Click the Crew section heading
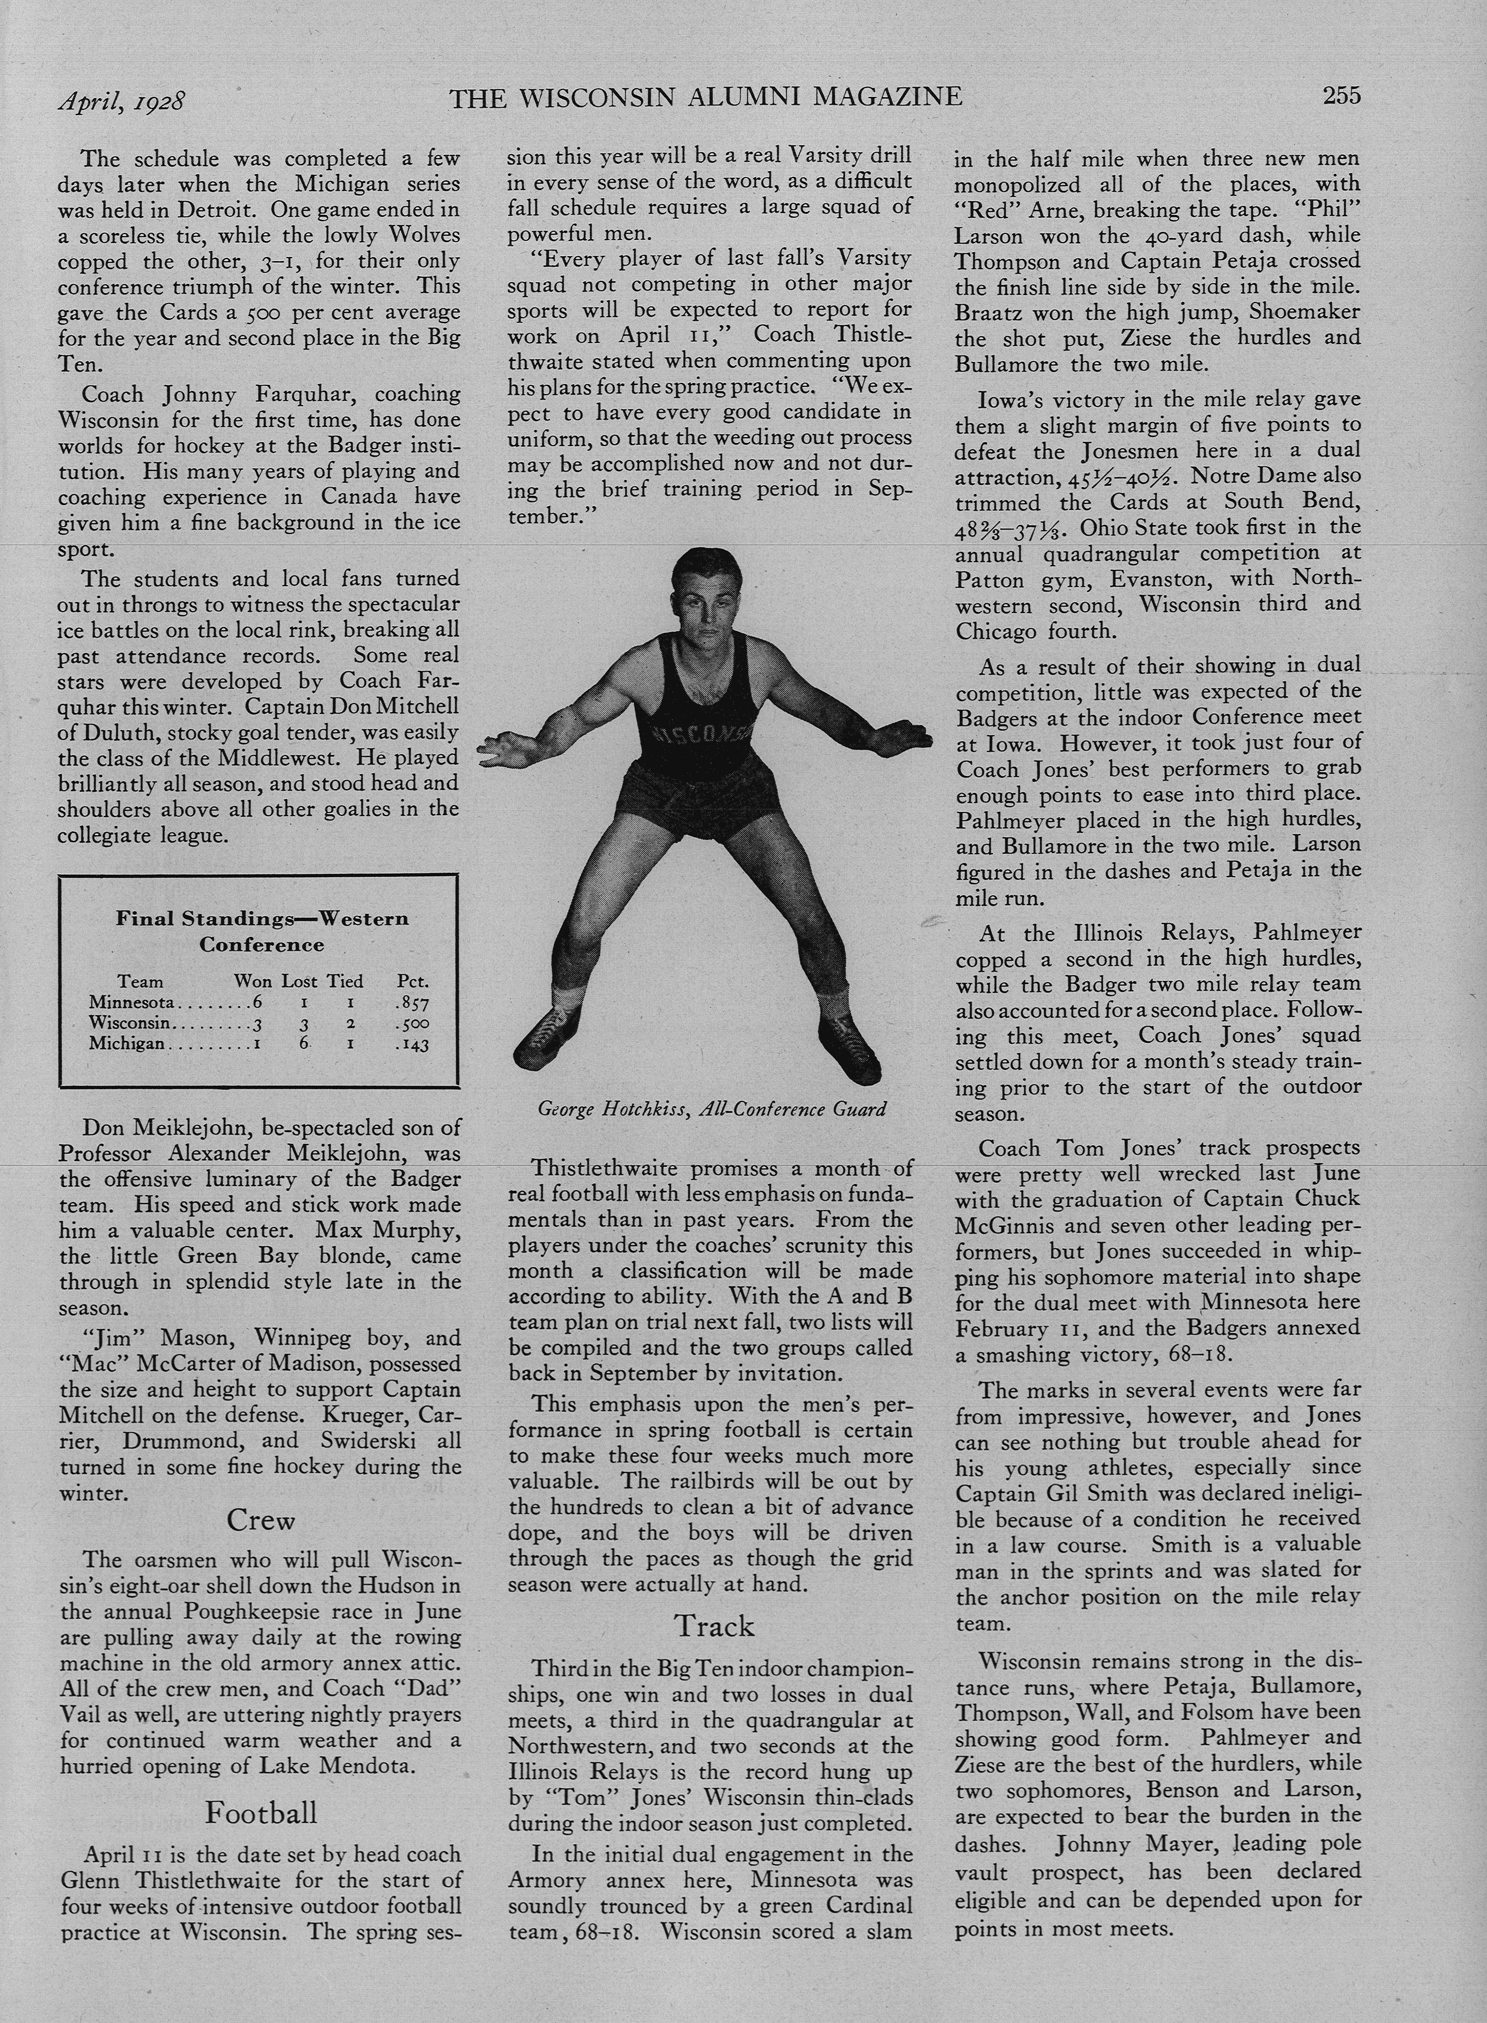pyautogui.click(x=260, y=1520)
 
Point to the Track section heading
pyautogui.click(x=715, y=1625)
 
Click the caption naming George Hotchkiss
pyautogui.click(x=711, y=1109)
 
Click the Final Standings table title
pyautogui.click(x=261, y=931)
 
